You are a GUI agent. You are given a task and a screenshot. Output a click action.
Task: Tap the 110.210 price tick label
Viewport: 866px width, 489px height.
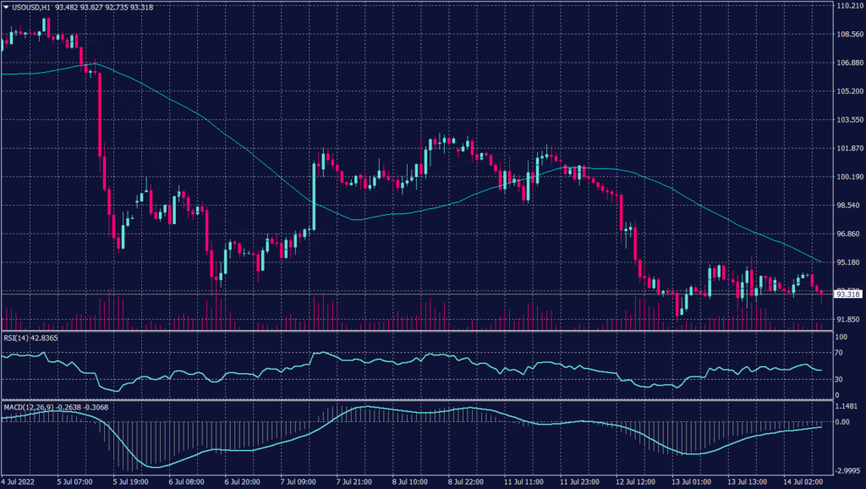tap(848, 6)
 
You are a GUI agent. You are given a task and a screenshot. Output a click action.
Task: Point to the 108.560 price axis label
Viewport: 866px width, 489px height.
tap(848, 35)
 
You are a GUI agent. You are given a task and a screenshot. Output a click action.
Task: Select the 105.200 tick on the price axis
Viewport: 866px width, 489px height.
tap(848, 91)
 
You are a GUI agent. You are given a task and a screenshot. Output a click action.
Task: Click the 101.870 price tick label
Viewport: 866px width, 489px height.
tap(848, 148)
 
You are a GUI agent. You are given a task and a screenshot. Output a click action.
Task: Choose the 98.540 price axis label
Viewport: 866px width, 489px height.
tap(848, 206)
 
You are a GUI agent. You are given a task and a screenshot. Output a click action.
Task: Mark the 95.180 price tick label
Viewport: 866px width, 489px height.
tap(848, 262)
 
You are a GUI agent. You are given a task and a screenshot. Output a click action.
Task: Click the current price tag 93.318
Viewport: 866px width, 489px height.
tap(848, 294)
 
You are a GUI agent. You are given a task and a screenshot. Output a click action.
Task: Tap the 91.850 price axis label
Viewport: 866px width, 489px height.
tap(848, 319)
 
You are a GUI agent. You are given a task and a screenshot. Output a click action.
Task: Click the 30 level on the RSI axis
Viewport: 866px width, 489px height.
tap(840, 378)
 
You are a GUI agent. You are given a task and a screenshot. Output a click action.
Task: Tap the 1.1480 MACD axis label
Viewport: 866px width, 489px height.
tap(846, 406)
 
